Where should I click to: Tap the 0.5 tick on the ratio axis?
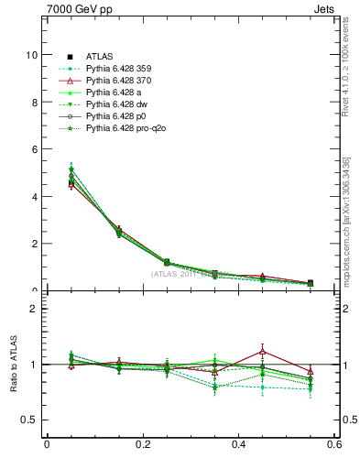tap(29, 420)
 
